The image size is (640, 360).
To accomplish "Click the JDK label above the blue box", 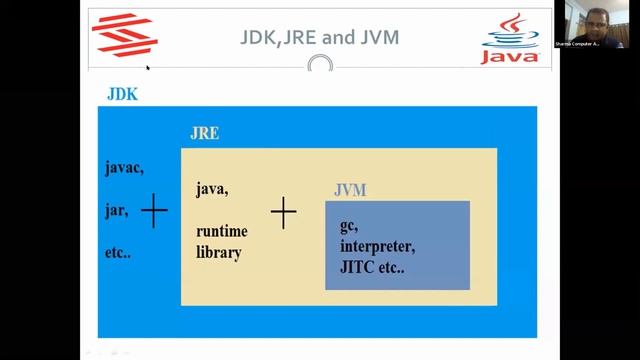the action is (x=121, y=96).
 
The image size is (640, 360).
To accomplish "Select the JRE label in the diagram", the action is (x=204, y=133).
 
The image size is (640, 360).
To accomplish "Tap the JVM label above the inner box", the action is (x=350, y=189).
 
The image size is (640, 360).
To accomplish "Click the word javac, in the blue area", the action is (x=124, y=168).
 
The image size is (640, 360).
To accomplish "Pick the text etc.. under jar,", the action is (x=118, y=253).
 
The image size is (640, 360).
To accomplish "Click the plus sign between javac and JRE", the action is (x=154, y=211).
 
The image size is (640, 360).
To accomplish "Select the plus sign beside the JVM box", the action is (x=284, y=211).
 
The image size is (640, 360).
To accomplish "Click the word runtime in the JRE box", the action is (x=221, y=231).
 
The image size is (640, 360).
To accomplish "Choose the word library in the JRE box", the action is (x=219, y=253).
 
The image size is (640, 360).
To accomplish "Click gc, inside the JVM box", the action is (x=349, y=226).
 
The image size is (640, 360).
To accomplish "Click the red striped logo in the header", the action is (x=124, y=35).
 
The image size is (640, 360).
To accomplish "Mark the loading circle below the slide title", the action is (x=320, y=66).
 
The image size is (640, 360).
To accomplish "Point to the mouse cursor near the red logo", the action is (x=148, y=68).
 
